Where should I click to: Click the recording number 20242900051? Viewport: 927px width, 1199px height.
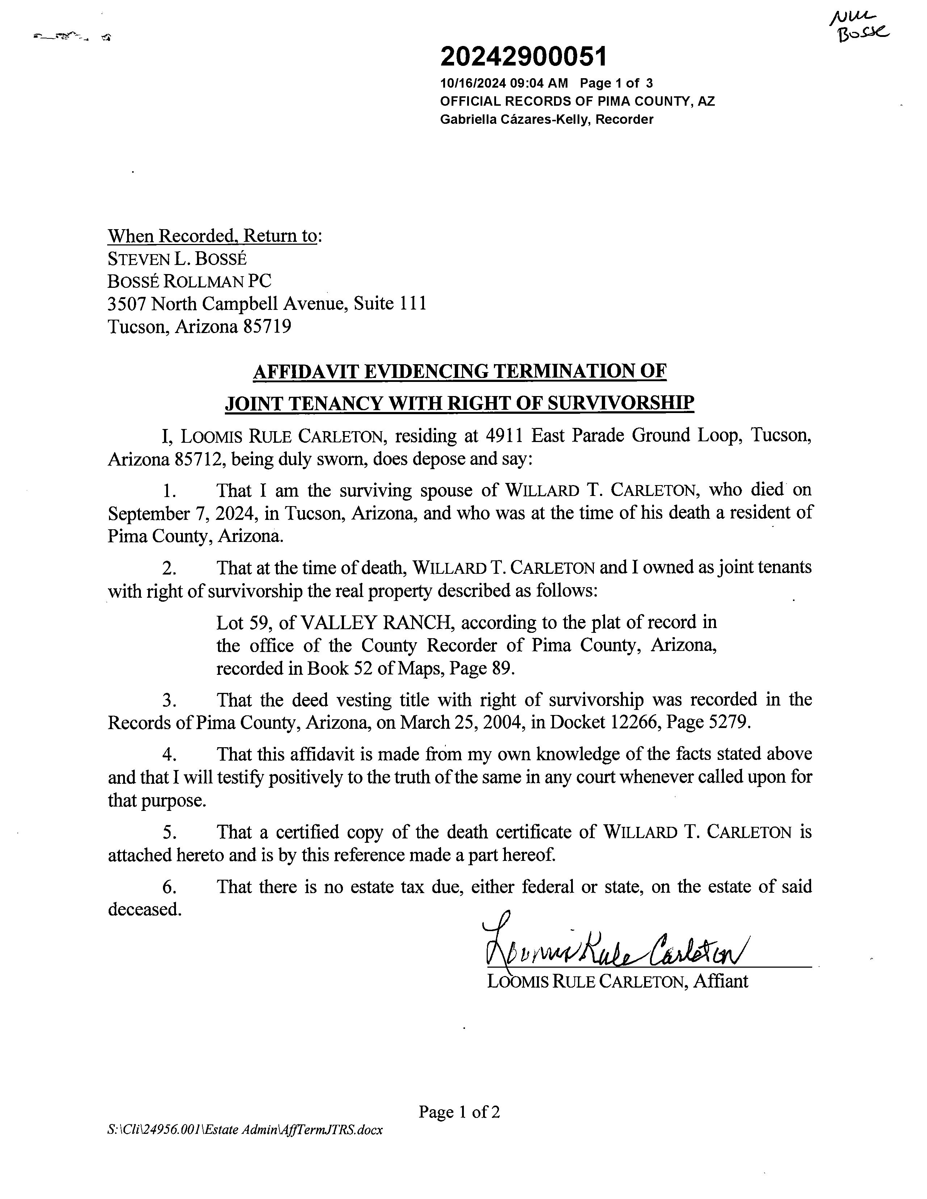pyautogui.click(x=523, y=56)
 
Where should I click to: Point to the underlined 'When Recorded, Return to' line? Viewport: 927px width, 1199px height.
pyautogui.click(x=214, y=236)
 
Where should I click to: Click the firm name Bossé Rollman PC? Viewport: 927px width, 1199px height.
pyautogui.click(x=189, y=281)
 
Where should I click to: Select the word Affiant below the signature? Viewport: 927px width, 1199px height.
pyautogui.click(x=720, y=981)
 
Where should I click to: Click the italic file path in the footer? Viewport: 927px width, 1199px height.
pyautogui.click(x=245, y=1130)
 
